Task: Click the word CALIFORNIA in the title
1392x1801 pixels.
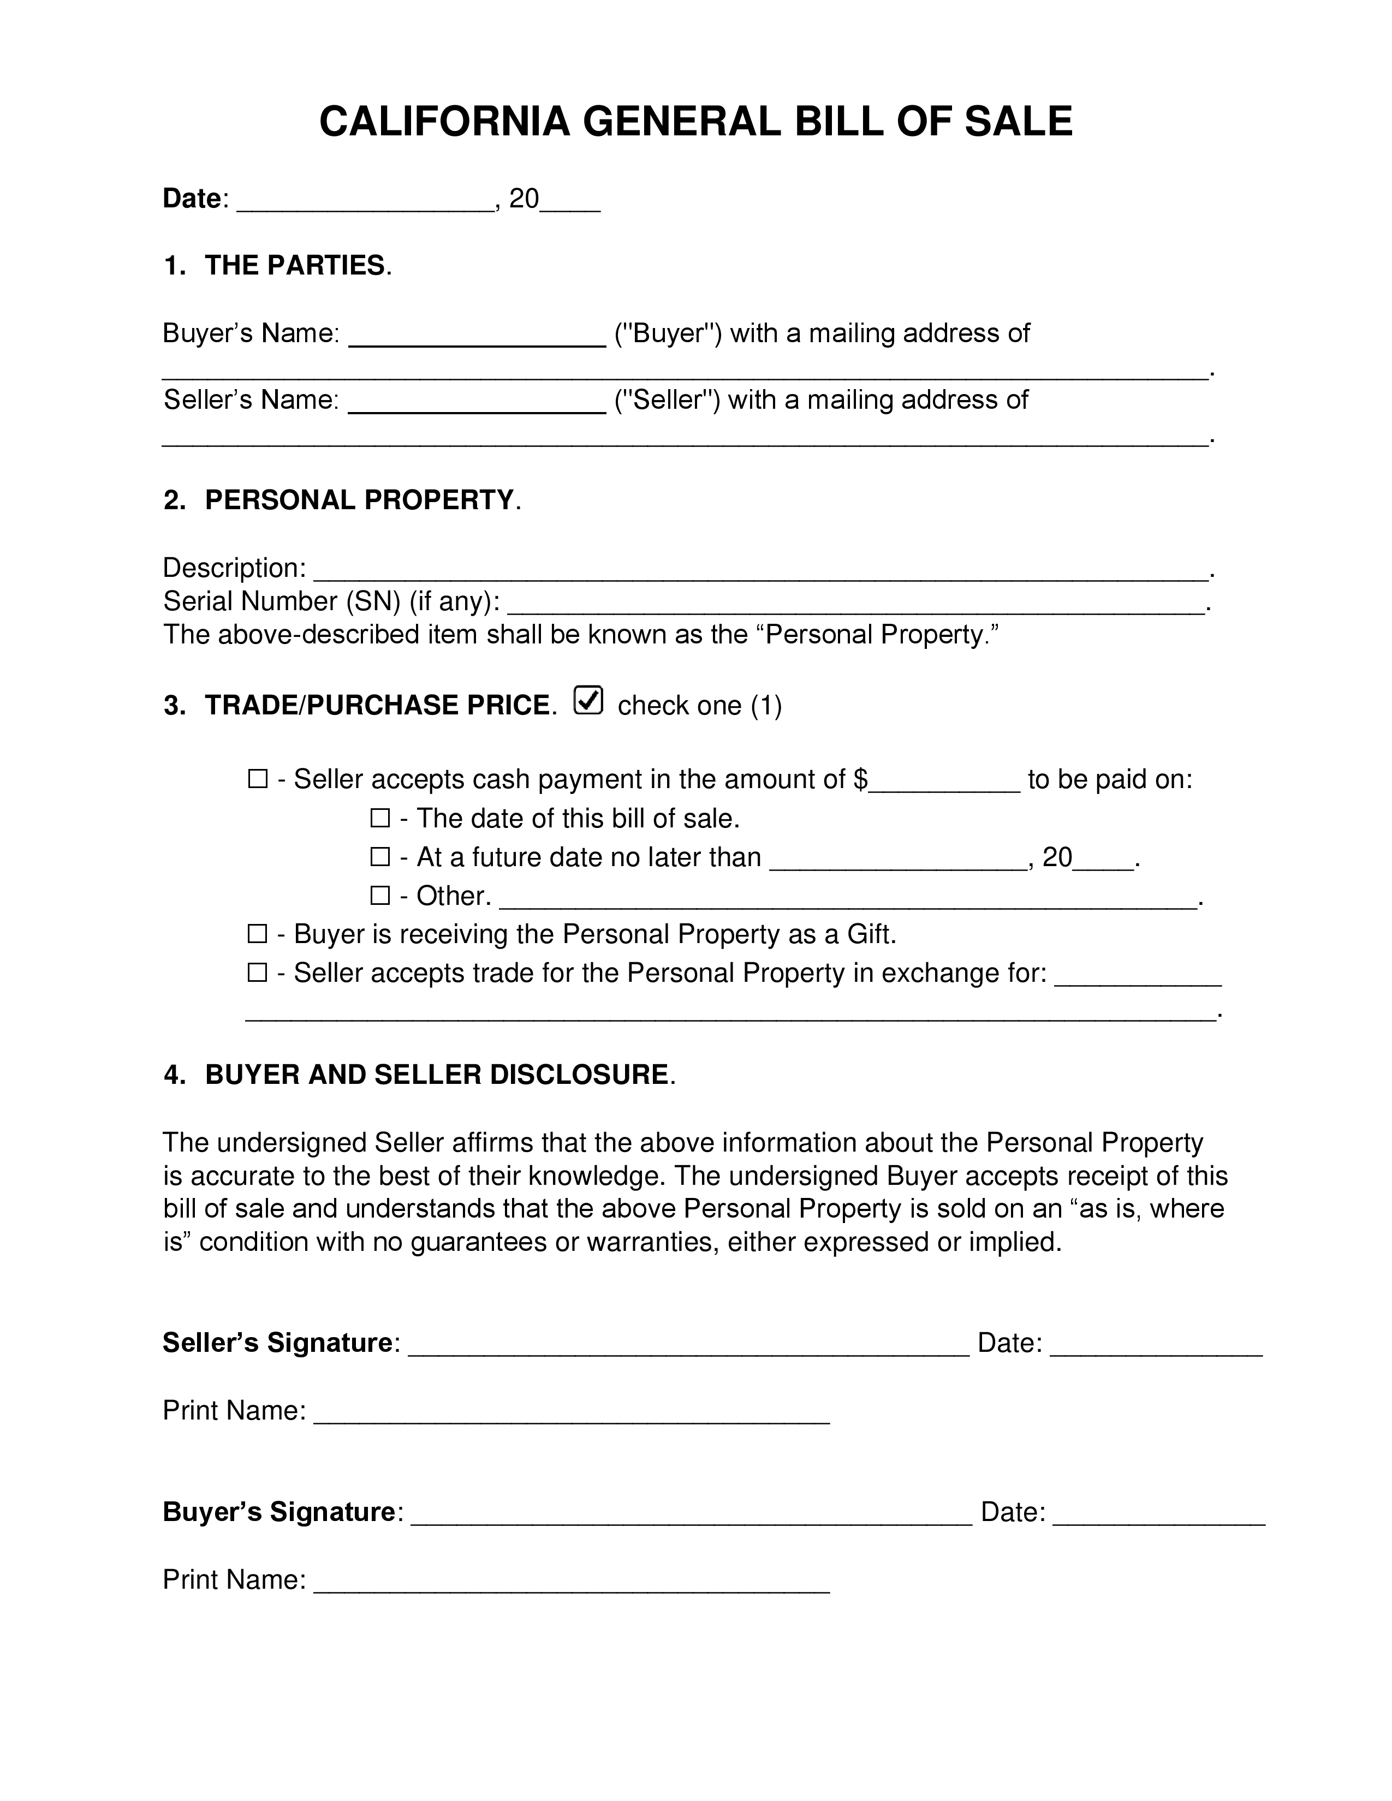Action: [x=444, y=122]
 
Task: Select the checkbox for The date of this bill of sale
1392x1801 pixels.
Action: [x=379, y=818]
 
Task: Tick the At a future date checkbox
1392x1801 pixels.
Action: [x=379, y=857]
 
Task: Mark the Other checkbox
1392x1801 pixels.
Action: [x=379, y=896]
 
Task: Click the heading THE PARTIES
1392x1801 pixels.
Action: [x=294, y=266]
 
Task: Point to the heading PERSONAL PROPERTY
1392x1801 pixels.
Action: [x=360, y=500]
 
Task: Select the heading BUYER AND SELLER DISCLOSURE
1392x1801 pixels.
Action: [x=436, y=1075]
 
